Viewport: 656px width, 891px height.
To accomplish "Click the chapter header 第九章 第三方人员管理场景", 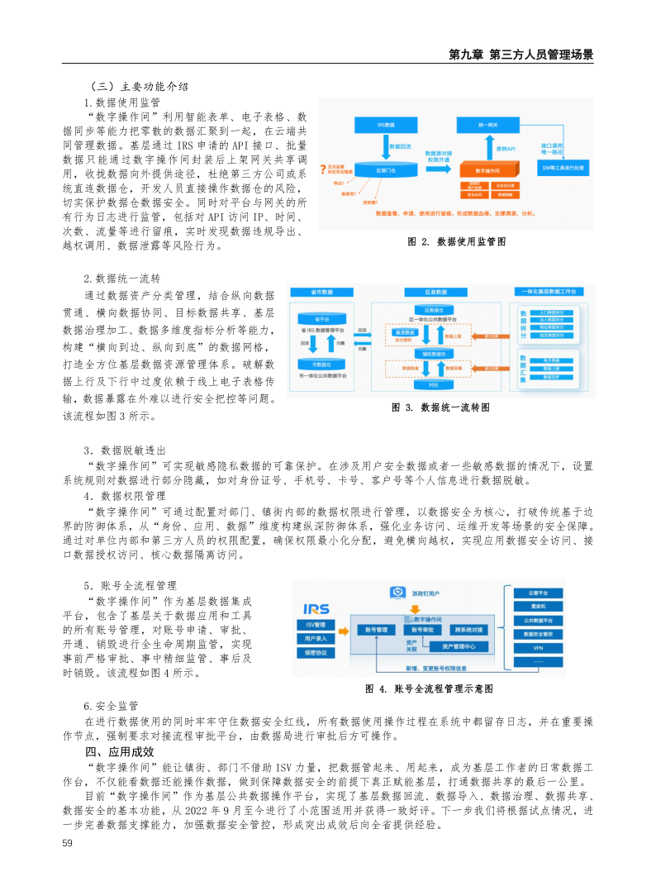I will coord(521,55).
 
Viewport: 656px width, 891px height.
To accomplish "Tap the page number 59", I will coord(69,843).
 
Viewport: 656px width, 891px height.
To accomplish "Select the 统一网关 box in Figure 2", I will coord(487,124).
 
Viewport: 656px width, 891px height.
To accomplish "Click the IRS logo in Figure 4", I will coord(316,608).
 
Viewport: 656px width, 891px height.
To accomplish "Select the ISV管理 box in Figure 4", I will coord(316,624).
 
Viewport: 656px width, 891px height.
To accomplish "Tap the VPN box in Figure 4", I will coord(538,647).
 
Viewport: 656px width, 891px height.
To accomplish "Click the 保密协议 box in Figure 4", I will coord(316,653).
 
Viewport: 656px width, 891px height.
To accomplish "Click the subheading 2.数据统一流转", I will coord(116,278).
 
